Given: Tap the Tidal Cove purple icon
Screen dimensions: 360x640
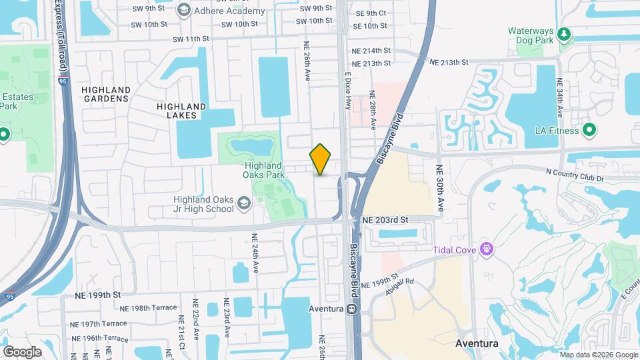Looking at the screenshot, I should click(x=487, y=250).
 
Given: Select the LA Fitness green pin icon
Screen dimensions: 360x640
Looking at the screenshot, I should click(x=589, y=130).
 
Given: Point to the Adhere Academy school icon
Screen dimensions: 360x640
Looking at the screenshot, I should click(x=183, y=10).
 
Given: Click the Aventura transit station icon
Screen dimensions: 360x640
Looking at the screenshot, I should click(x=350, y=309).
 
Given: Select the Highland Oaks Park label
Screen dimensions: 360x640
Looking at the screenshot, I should click(x=265, y=170).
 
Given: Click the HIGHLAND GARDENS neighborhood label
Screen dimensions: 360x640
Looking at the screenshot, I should click(x=105, y=94).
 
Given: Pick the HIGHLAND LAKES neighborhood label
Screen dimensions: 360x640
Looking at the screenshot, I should click(x=181, y=111).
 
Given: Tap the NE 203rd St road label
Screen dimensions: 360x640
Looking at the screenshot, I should click(x=385, y=219).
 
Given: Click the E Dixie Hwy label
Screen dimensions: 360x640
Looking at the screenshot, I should click(x=347, y=91).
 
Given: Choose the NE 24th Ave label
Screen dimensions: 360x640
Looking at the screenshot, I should click(x=255, y=252).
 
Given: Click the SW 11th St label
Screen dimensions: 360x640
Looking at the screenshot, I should click(x=188, y=39).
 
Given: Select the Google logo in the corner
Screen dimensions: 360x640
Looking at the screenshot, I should click(x=22, y=351).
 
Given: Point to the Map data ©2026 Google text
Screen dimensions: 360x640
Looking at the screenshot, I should click(x=598, y=354).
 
